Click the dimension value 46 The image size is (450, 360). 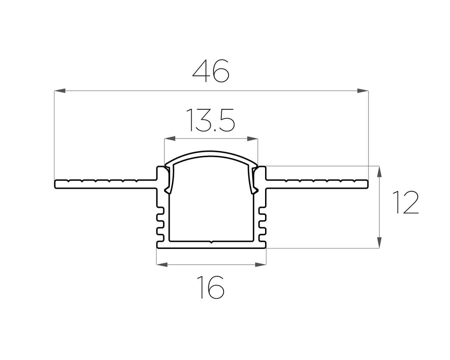211,71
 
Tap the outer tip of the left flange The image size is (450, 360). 56,184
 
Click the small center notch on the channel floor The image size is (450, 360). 211,243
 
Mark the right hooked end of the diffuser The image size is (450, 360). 254,191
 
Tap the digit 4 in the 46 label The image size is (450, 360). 201,71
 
